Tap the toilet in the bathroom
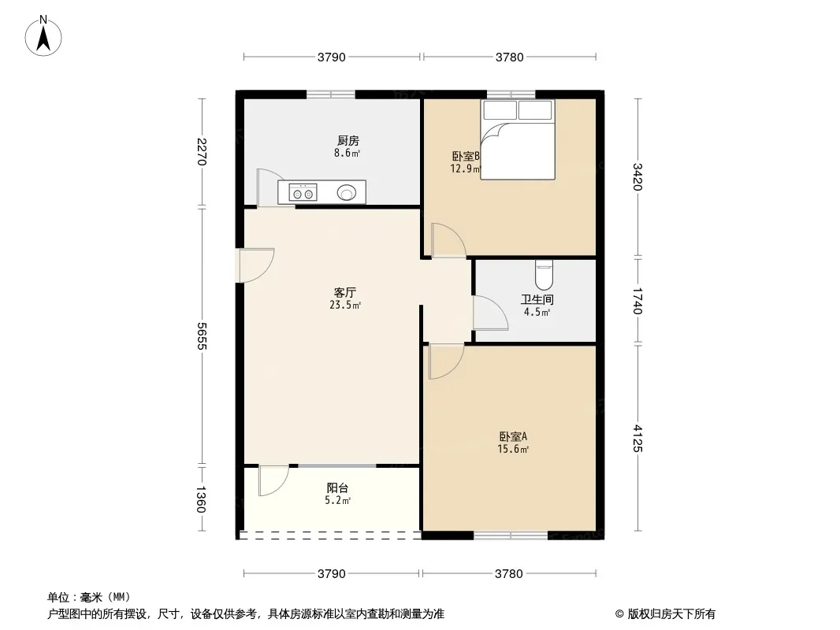[x=544, y=275]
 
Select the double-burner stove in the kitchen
[x=303, y=192]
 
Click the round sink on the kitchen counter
[x=347, y=192]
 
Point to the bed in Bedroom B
[x=518, y=139]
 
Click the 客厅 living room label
[x=344, y=293]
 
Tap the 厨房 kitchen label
[x=348, y=141]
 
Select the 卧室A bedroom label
[x=513, y=437]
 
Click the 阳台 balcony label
[x=337, y=488]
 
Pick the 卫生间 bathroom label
[x=537, y=300]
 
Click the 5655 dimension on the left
[x=202, y=336]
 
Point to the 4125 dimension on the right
[x=637, y=439]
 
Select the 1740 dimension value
[x=637, y=301]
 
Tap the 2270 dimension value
[x=202, y=152]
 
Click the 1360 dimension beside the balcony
[x=202, y=498]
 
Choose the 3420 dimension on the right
[x=637, y=176]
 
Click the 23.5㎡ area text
[x=345, y=305]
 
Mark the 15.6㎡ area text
[x=513, y=449]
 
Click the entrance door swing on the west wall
[x=255, y=265]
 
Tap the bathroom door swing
[x=490, y=313]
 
